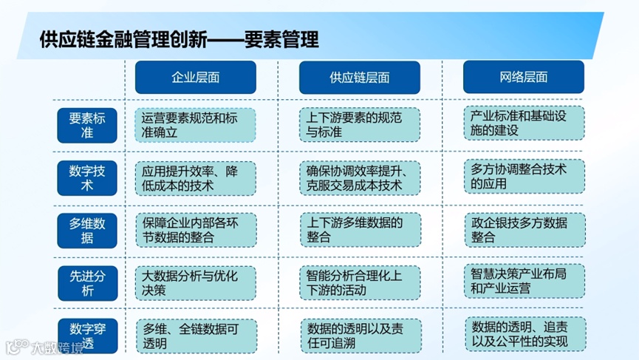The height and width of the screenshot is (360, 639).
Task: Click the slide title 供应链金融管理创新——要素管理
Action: coord(180,38)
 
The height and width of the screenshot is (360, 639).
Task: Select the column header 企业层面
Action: coord(195,78)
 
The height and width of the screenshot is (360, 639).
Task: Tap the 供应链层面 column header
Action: coord(359,78)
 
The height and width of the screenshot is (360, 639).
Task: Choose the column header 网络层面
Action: coord(523,77)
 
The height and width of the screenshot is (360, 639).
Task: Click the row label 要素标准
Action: coord(87,126)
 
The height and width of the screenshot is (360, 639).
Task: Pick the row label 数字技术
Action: coord(87,178)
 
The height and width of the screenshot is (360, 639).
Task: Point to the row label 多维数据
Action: coord(87,230)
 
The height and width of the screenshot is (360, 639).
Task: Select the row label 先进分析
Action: coord(87,282)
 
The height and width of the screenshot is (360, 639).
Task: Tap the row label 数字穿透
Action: coord(87,335)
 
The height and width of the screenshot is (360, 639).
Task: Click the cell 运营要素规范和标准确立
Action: coord(195,126)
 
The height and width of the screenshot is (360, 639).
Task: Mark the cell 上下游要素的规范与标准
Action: coord(359,126)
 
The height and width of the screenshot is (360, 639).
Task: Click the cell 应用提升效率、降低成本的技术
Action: coord(195,178)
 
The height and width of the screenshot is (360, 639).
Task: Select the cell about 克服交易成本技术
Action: coord(359,178)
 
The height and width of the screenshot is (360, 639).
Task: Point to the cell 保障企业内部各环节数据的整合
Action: coord(195,230)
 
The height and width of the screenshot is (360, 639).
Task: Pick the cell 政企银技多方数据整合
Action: coord(524,229)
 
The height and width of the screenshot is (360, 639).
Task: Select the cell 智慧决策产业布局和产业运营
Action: coord(524,281)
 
